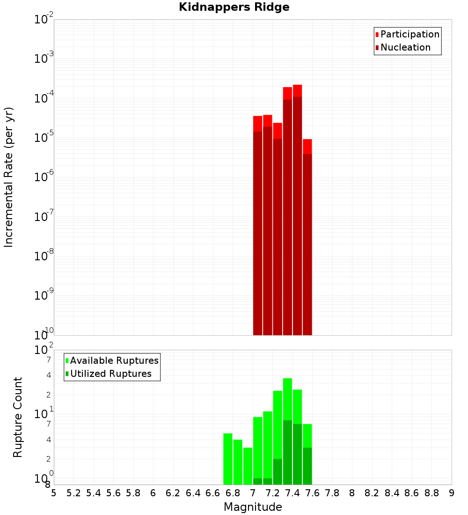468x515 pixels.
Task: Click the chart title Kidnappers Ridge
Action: click(234, 7)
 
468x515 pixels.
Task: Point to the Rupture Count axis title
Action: click(18, 417)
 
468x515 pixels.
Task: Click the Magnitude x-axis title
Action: click(253, 507)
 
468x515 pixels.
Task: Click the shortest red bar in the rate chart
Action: click(307, 234)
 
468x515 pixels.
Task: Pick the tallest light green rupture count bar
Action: click(287, 398)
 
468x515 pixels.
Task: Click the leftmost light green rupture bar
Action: click(227, 459)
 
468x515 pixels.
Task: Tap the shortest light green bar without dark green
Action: click(248, 466)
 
